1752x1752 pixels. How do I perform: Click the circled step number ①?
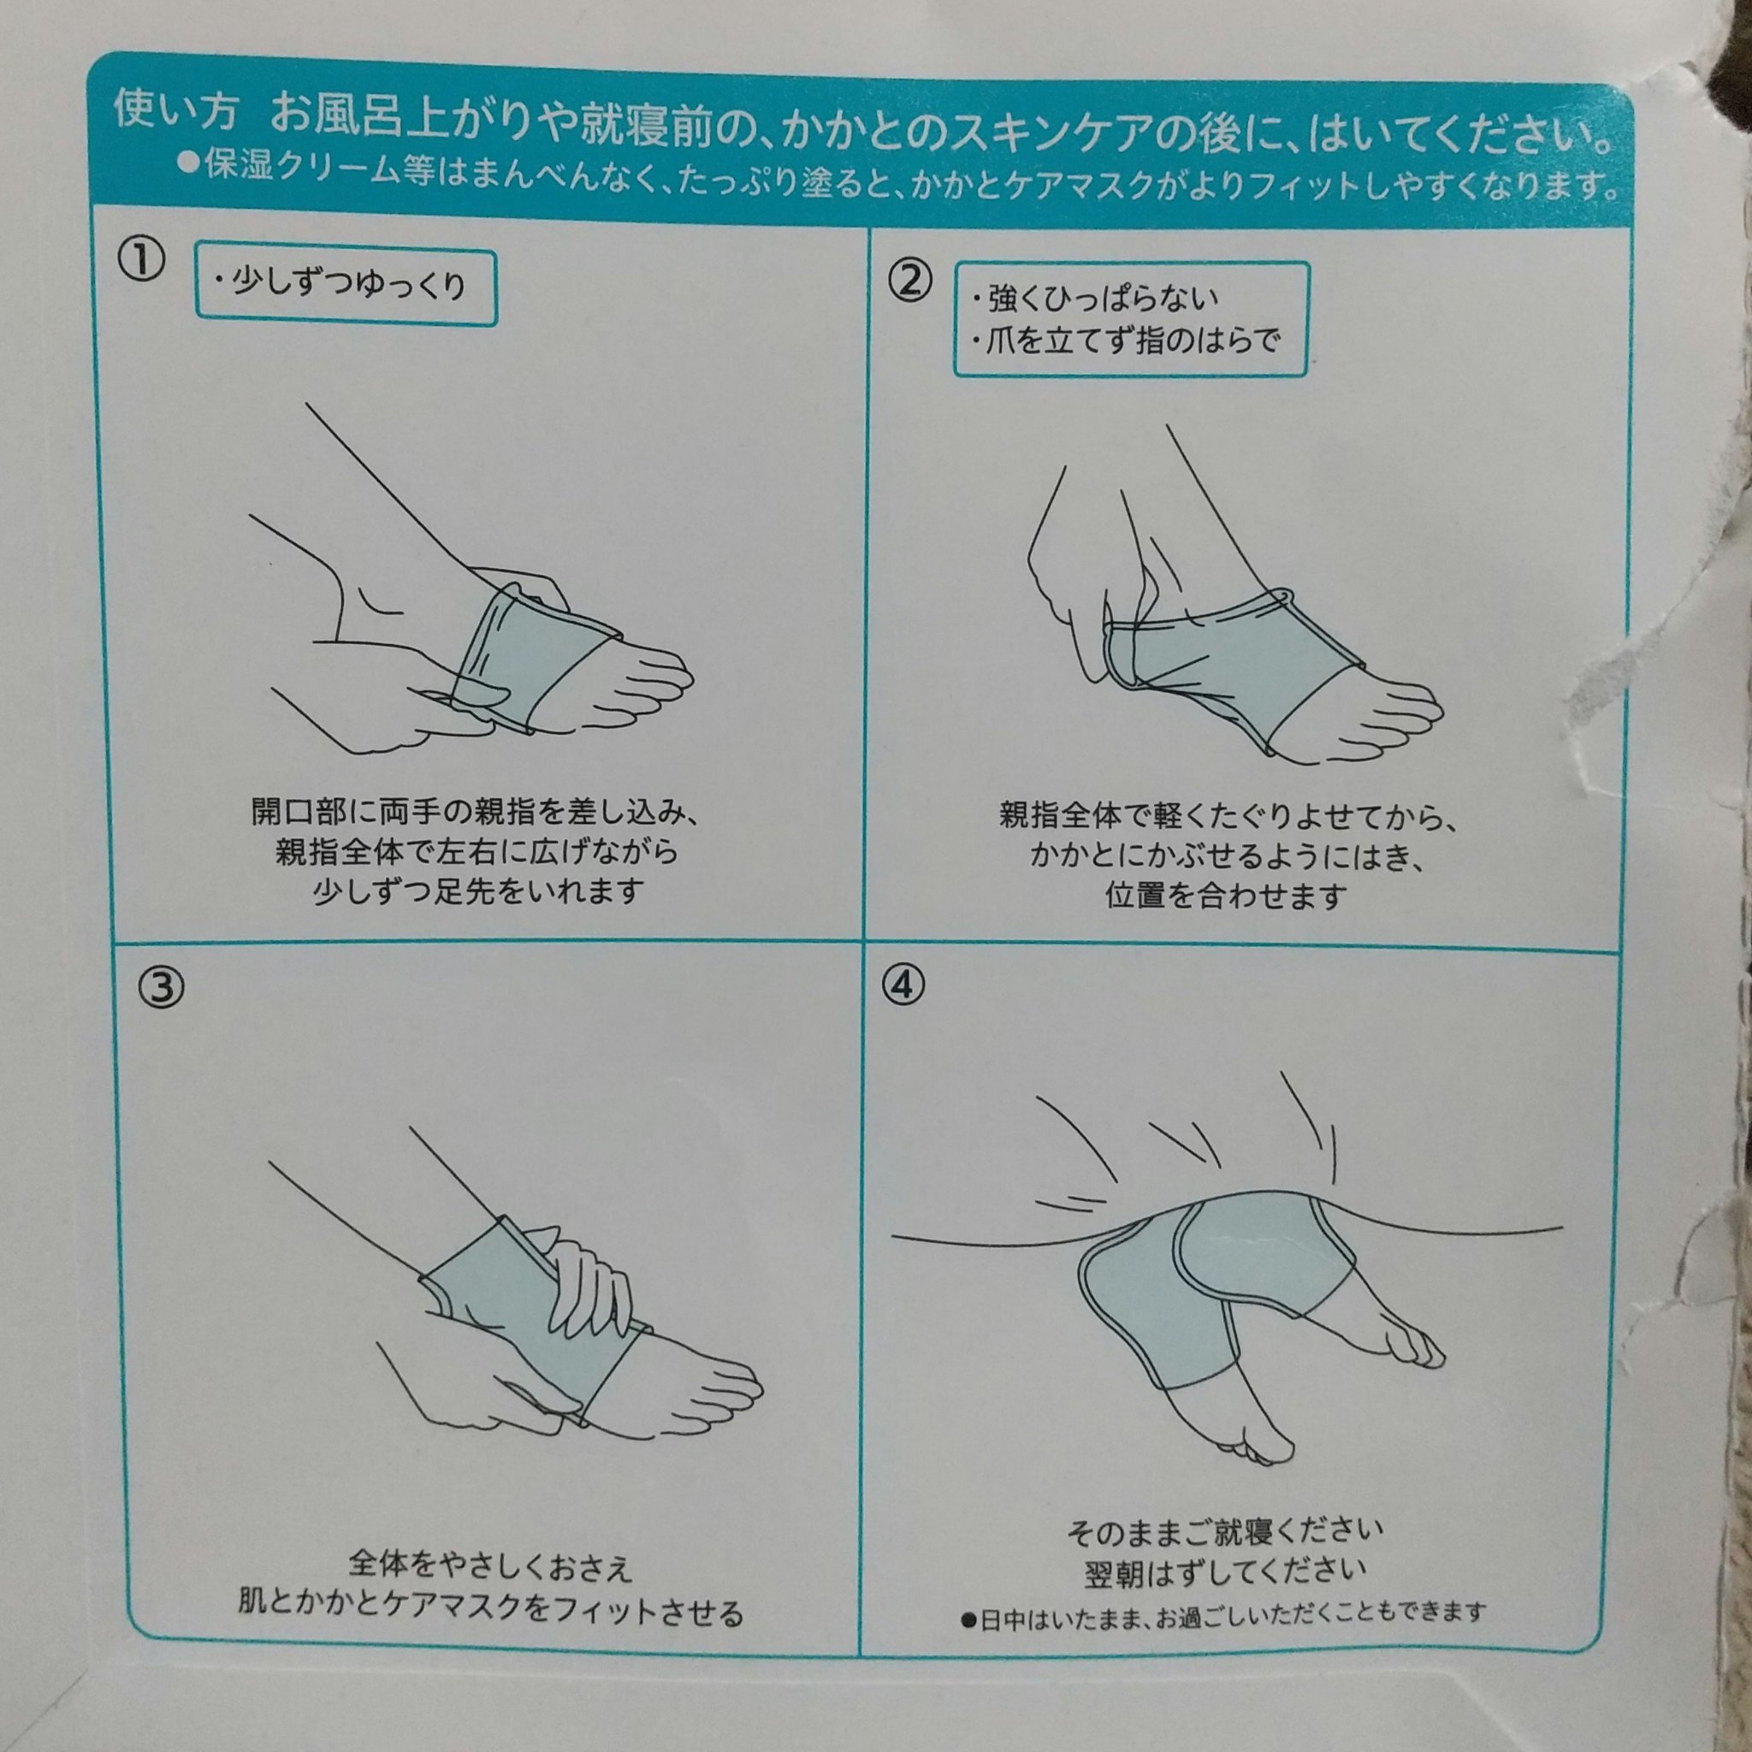coord(140,261)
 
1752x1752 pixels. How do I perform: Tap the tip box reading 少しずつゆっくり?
coord(346,287)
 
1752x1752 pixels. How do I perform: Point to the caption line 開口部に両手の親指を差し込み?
coord(474,810)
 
